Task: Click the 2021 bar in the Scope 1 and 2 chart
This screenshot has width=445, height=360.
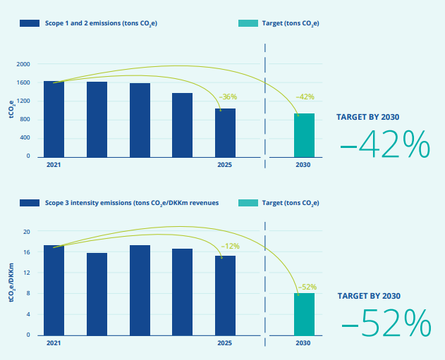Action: coord(54,119)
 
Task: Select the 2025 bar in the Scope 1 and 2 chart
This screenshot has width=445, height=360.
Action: coord(225,133)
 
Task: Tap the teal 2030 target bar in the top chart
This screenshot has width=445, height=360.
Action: coord(304,135)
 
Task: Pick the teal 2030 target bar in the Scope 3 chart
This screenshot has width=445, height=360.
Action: coord(304,314)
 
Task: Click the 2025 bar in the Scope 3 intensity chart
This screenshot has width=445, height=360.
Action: coord(225,296)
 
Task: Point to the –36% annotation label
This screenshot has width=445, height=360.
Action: coord(228,97)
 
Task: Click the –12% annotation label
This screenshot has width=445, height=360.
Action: coord(230,246)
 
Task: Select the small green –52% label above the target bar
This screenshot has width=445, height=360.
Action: coord(307,287)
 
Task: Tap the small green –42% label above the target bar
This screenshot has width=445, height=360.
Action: coord(305,97)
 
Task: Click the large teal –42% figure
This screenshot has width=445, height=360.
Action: coord(385,144)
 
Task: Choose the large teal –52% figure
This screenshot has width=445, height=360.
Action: coord(386,323)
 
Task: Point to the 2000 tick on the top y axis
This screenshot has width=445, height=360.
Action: coord(23,64)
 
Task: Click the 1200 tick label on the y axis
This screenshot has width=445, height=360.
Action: coord(23,101)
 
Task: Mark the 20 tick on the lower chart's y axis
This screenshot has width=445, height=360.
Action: coord(26,232)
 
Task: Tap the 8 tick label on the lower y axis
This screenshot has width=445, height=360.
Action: coord(28,293)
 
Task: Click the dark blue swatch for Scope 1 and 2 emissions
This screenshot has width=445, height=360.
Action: coord(30,23)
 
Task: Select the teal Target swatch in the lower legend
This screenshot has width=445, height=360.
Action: coord(248,203)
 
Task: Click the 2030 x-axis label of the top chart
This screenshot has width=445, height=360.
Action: coord(303,165)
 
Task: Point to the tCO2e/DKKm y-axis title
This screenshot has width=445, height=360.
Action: coord(11,283)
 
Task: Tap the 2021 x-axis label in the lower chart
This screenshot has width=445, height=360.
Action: coord(54,343)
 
